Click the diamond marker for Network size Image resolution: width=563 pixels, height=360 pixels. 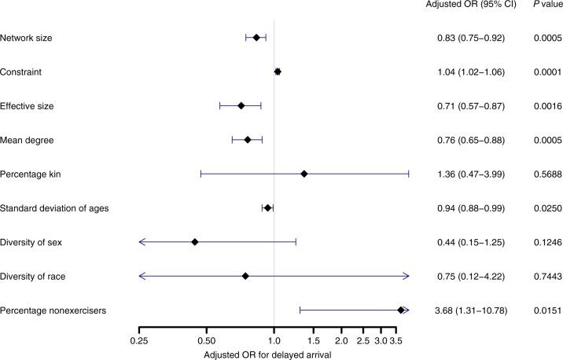tap(256, 37)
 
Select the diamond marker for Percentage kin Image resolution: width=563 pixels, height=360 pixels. tap(304, 174)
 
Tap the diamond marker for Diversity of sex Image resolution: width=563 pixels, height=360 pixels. tap(194, 242)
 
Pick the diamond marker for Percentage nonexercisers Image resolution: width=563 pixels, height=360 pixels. tap(400, 310)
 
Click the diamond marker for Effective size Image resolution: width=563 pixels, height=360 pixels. tap(241, 105)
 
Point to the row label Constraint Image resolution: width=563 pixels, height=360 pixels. tap(20, 72)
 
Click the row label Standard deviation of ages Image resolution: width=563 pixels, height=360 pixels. tap(54, 208)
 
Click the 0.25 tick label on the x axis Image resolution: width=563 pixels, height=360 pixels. tap(139, 341)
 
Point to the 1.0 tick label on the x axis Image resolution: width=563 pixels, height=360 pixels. tap(274, 341)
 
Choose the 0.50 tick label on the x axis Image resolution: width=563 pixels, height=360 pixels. tap(206, 341)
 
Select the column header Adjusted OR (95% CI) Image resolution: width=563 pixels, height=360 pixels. tap(471, 7)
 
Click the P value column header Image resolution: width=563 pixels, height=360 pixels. tap(542, 7)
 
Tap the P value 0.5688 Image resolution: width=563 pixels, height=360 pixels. tap(543, 174)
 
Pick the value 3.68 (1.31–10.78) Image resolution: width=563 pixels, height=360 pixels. tap(471, 311)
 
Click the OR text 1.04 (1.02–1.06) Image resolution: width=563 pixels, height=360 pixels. tap(471, 72)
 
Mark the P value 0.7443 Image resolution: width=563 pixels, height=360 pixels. tap(543, 277)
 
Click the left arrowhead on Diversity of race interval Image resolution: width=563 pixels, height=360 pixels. tap(142, 276)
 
